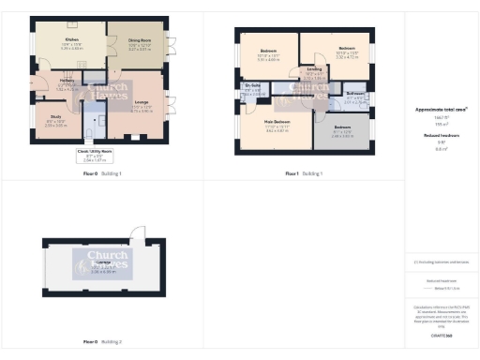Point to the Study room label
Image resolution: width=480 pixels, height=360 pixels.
pyautogui.click(x=55, y=118)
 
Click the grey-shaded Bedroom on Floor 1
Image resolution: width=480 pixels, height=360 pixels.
pyautogui.click(x=341, y=131)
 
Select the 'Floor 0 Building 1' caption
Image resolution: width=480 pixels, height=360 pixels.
pyautogui.click(x=101, y=174)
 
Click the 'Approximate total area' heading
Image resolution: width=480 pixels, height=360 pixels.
pyautogui.click(x=441, y=110)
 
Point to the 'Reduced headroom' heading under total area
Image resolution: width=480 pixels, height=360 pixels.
pyautogui.click(x=441, y=134)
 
